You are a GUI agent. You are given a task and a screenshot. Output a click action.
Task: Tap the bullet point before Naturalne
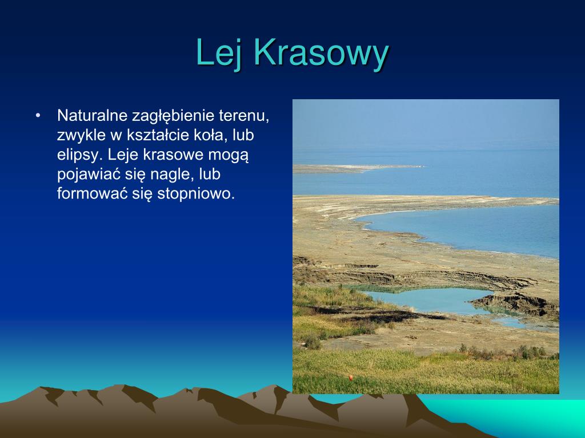coord(37,116)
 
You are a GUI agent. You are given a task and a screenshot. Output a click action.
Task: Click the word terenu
coord(244,116)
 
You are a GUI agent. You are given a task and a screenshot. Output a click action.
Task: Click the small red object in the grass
coord(351,378)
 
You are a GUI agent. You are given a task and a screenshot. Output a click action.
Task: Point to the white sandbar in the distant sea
coord(358,168)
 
